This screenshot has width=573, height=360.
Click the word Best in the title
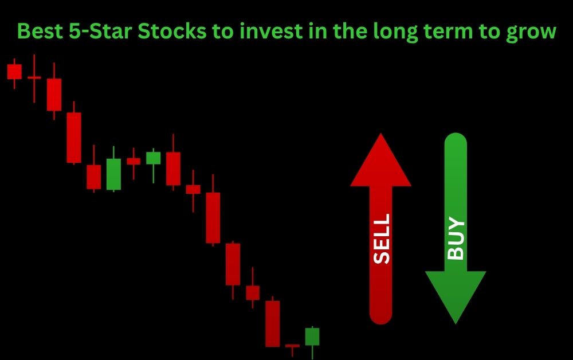[38, 32]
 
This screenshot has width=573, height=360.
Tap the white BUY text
[456, 238]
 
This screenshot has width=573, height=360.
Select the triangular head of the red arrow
[381, 163]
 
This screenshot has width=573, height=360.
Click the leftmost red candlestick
[14, 72]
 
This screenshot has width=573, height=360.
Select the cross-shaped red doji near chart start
[34, 77]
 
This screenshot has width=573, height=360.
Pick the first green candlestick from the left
[113, 174]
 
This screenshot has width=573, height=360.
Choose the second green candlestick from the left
[153, 158]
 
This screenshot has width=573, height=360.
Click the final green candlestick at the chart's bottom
[312, 337]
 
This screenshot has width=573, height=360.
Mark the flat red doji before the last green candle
[292, 346]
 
